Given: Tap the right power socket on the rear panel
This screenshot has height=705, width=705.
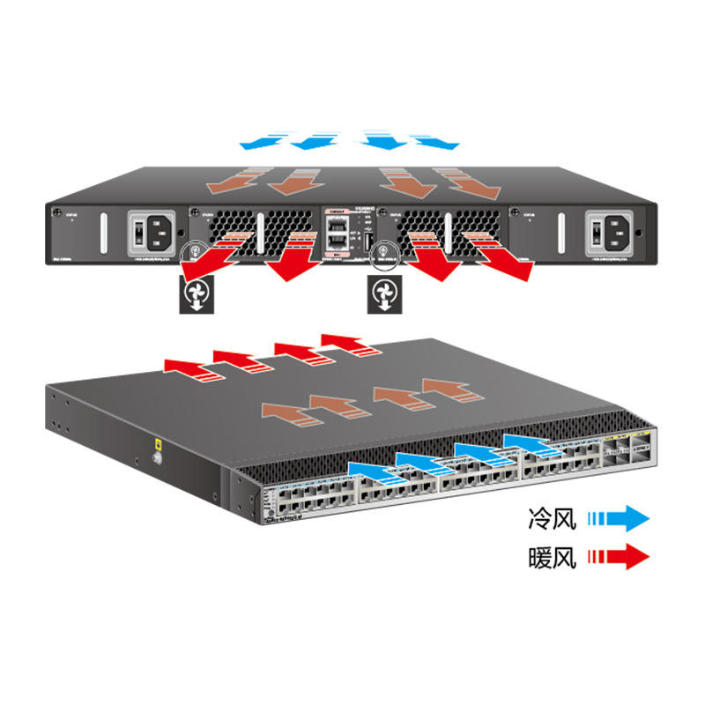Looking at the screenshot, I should point(611,233).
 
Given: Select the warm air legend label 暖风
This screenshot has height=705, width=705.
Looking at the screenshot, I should point(553,557).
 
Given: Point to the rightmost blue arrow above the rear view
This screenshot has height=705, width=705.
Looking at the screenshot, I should point(437,140).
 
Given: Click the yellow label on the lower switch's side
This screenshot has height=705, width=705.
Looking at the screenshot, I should point(156,443).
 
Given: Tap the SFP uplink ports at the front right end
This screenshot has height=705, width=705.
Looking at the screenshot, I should point(627,451).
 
